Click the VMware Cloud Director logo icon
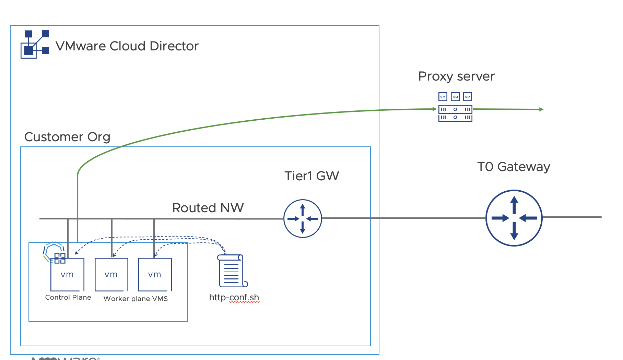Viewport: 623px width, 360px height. pos(35,44)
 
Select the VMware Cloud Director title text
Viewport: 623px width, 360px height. pos(127,46)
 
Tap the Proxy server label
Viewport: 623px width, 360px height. pos(456,76)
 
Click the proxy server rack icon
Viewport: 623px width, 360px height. pos(455,113)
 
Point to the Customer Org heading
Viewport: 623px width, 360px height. pos(67,137)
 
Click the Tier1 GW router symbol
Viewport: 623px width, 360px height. pos(303,218)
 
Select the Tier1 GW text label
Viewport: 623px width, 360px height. pos(311,176)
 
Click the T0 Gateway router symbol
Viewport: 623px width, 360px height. pos(514,218)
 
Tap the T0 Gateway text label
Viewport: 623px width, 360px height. pos(514,167)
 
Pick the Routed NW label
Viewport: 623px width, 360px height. pos(208,208)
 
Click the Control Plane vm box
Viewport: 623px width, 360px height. pos(67,275)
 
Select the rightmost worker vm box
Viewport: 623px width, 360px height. pos(155,275)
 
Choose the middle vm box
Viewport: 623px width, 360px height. pos(111,275)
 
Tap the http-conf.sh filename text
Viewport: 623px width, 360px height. pos(234,297)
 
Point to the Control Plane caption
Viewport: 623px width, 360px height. pos(68,297)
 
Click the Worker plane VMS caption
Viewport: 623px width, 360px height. pos(136,299)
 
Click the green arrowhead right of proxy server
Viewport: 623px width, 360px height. pos(541,109)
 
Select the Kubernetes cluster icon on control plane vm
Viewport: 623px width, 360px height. pos(54,252)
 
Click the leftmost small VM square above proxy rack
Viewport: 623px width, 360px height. pos(443,97)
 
